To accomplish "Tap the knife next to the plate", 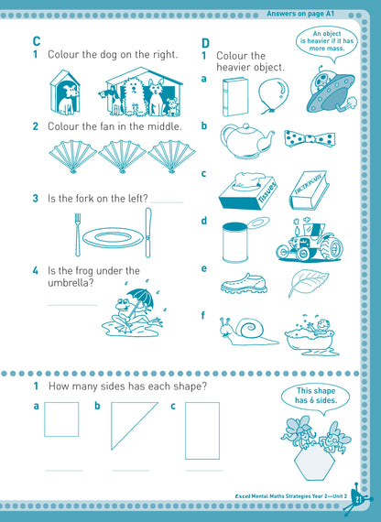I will click(x=147, y=233).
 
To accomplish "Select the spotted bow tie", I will click(x=306, y=139).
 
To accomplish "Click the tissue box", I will click(x=245, y=190).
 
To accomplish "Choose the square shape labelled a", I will click(x=62, y=419).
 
